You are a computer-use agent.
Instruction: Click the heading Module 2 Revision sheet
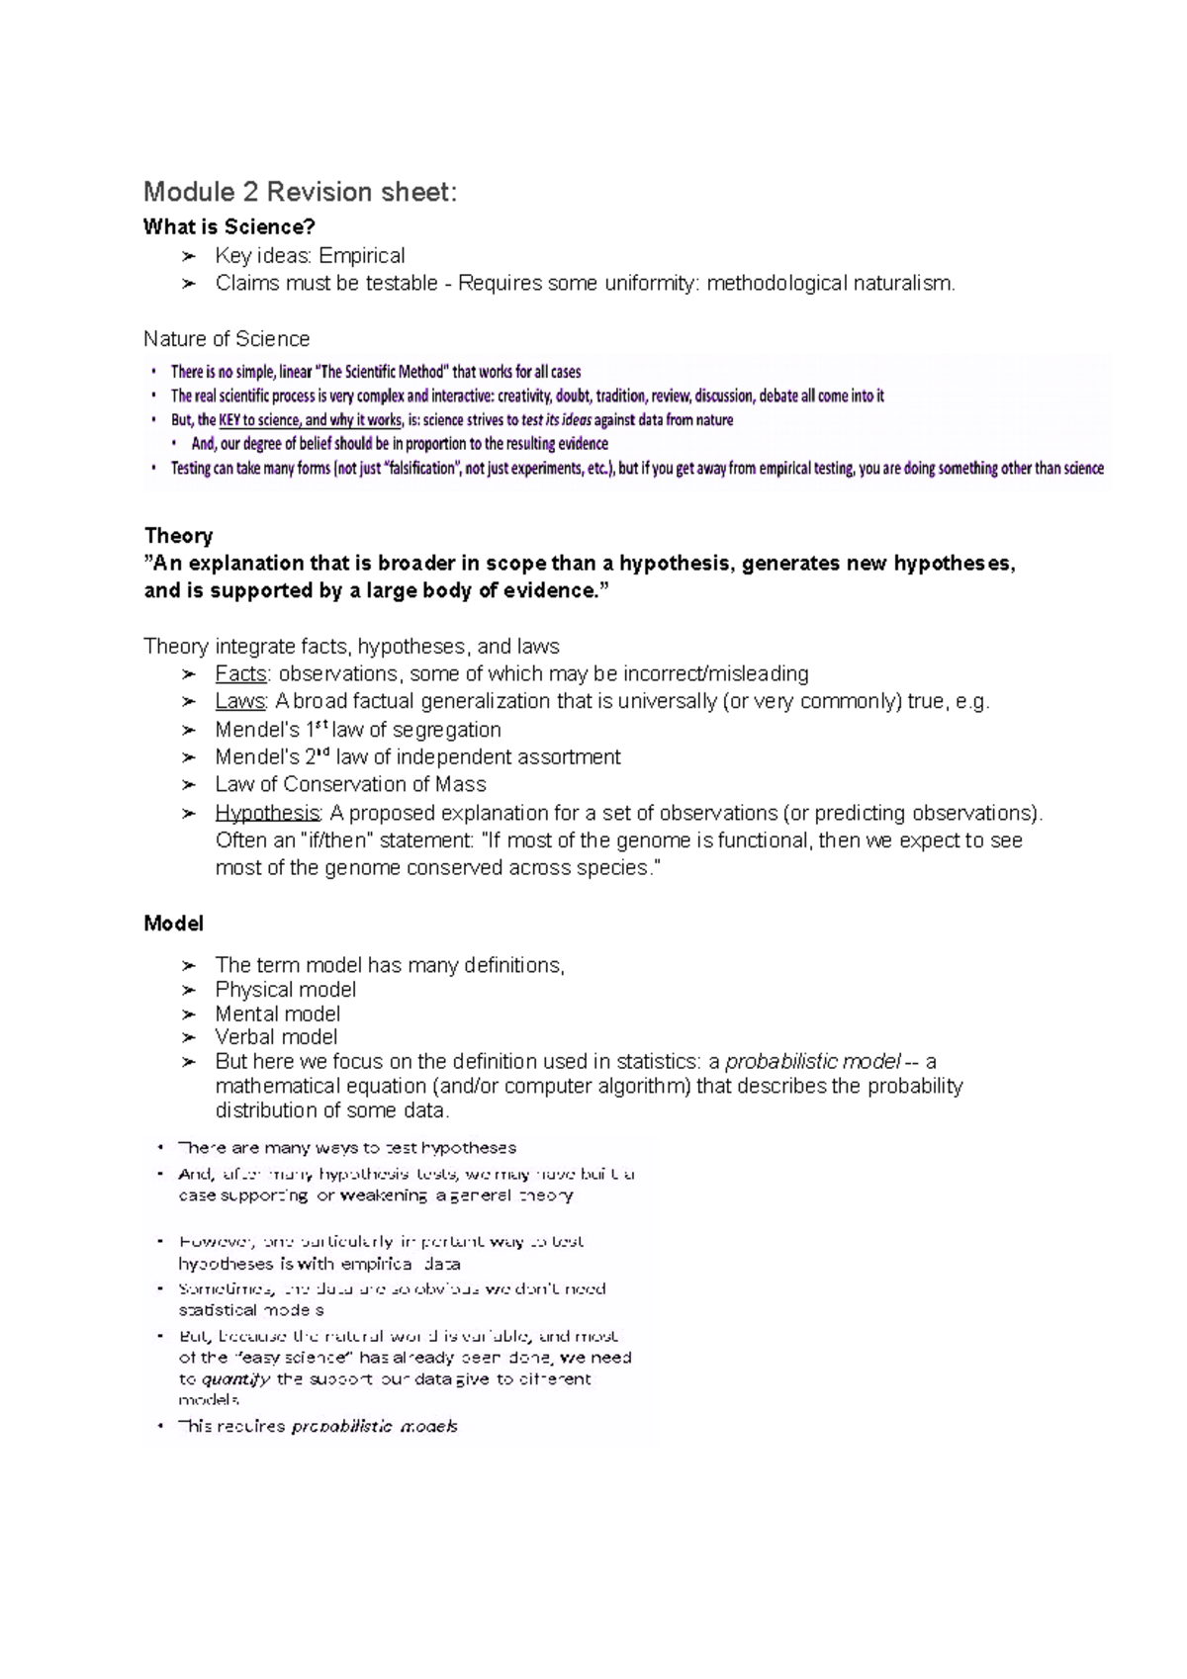click(300, 192)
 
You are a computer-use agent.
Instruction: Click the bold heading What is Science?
click(228, 227)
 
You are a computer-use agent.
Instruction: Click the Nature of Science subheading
click(227, 339)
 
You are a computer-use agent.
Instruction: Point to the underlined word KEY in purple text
click(229, 420)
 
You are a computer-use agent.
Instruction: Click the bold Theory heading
click(178, 536)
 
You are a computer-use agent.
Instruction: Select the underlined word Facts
click(240, 674)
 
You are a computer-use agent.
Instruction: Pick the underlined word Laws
click(239, 702)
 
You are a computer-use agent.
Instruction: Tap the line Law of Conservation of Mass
click(350, 785)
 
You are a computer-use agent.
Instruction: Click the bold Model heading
click(173, 924)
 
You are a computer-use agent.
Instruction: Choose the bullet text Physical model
click(285, 990)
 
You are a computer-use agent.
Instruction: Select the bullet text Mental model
click(277, 1015)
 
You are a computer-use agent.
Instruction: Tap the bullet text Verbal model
click(276, 1037)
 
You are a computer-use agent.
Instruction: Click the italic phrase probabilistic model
click(812, 1063)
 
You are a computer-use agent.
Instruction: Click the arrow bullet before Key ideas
click(189, 257)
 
